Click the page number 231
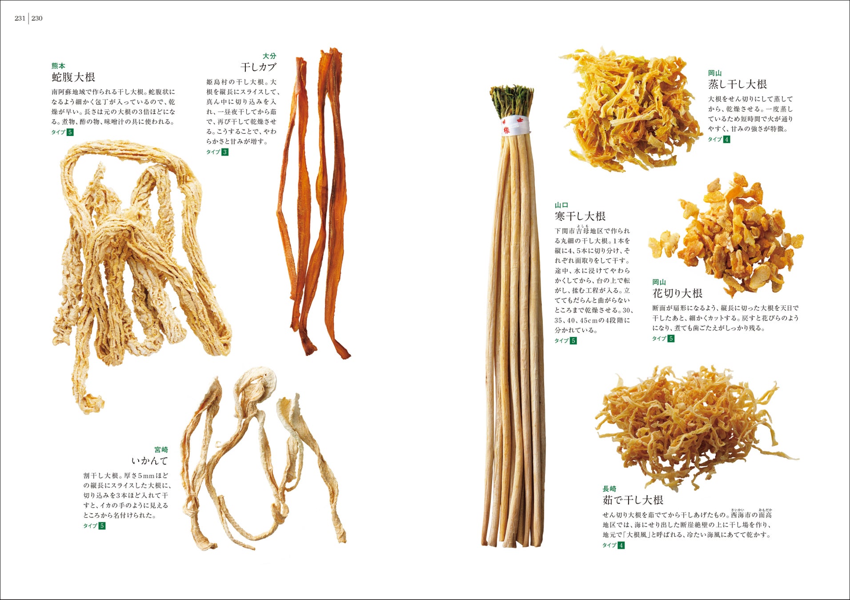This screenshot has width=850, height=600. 20,18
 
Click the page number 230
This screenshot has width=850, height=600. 37,18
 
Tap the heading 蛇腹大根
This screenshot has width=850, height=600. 73,77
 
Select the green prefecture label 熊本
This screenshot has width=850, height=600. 58,66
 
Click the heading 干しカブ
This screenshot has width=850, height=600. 258,67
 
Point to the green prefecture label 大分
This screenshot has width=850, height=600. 269,56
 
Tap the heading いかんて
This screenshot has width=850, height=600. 150,460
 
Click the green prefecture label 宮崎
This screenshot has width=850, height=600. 161,450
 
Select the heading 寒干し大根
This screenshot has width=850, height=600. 580,216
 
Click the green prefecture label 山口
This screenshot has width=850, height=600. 561,205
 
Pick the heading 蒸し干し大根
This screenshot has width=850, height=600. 738,84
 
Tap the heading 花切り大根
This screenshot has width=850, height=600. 678,293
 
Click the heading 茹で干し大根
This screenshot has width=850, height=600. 633,500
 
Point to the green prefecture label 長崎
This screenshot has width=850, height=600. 609,489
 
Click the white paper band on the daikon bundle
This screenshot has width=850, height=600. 516,126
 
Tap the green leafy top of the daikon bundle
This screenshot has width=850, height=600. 512,101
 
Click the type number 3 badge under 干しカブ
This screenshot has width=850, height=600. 225,152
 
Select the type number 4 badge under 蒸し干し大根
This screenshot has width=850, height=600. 726,140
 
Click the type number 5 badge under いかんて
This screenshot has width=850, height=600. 102,526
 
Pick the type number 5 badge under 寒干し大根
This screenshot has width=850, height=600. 573,341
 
